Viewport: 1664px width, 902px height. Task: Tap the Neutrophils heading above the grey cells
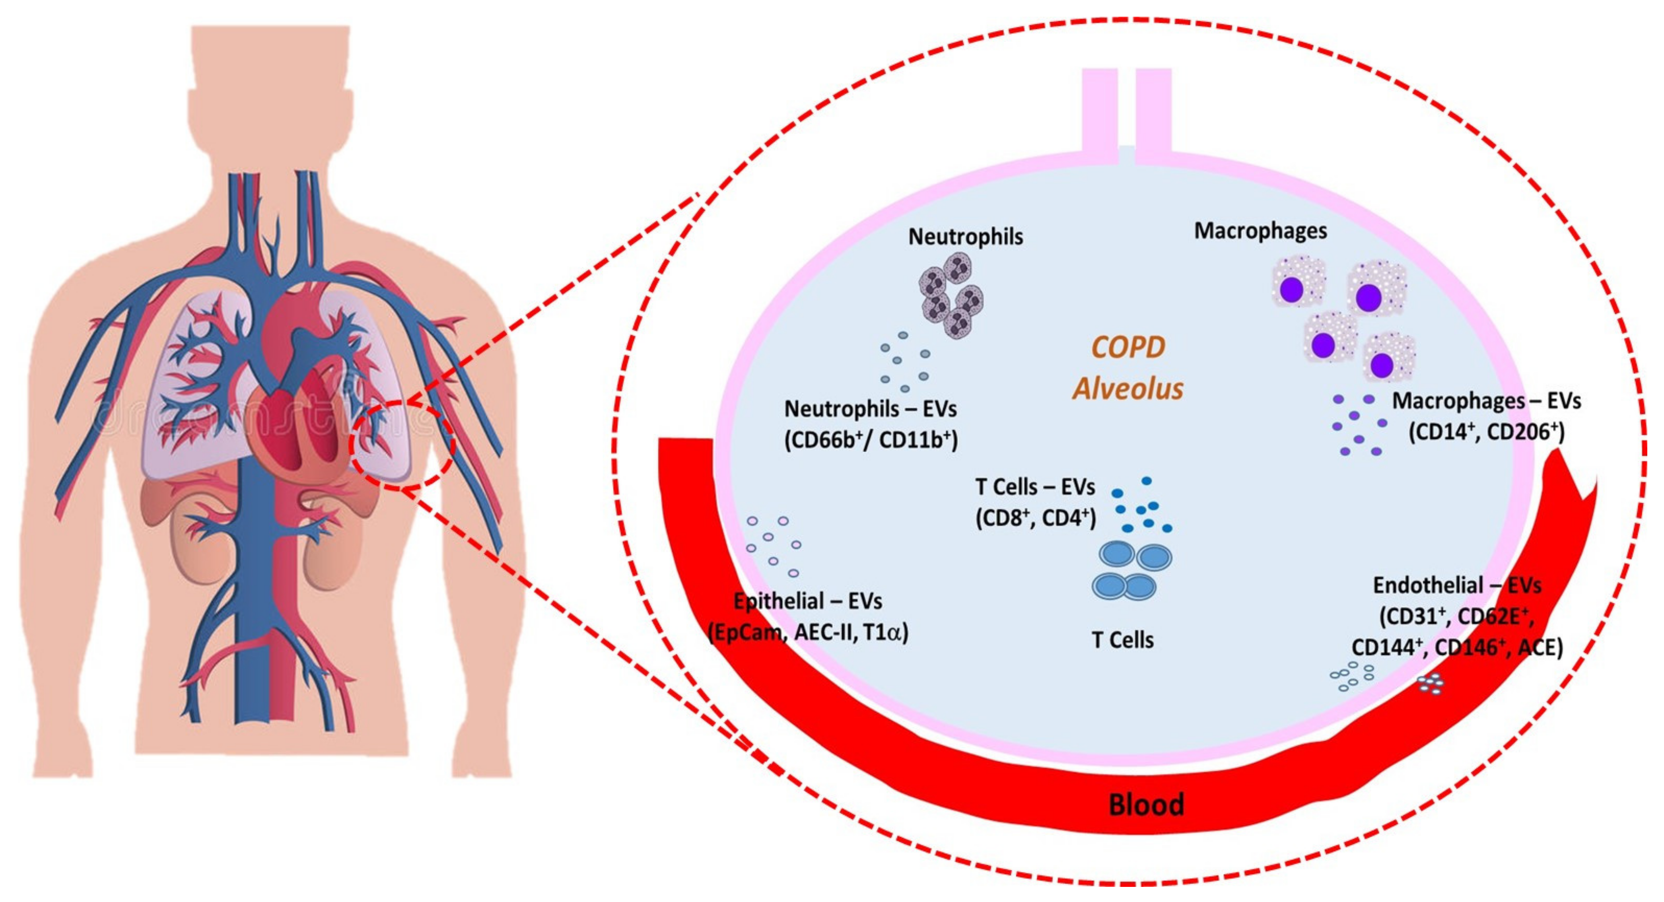coord(965,237)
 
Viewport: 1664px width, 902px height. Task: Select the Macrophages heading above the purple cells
coord(1260,231)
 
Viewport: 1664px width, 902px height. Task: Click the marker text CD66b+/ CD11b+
coord(871,440)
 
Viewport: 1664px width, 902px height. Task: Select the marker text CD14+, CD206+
coord(1486,432)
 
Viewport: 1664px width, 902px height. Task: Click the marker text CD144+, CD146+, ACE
coord(1457,647)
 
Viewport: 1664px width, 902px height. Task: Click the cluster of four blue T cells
coord(1132,571)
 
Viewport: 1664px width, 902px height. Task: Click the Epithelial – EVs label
coord(807,602)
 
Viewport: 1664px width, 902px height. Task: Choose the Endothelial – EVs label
coord(1457,585)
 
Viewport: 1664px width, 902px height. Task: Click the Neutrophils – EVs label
coord(870,409)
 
